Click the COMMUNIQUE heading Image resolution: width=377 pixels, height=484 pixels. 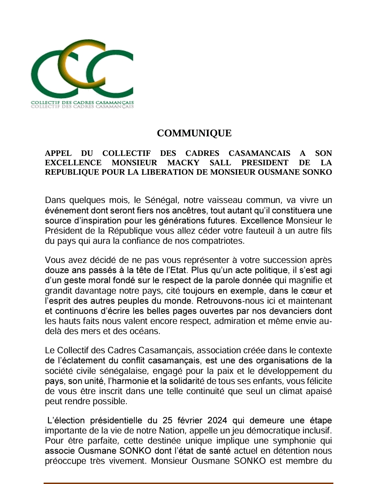point(194,133)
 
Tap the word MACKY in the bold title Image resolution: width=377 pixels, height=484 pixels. point(183,163)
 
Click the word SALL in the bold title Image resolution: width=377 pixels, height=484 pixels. point(220,163)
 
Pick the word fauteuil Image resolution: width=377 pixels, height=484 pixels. point(258,231)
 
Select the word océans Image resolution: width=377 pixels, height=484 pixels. point(144,331)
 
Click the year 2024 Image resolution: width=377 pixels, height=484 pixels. point(217,421)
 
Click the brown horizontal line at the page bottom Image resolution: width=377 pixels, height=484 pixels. point(188,483)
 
